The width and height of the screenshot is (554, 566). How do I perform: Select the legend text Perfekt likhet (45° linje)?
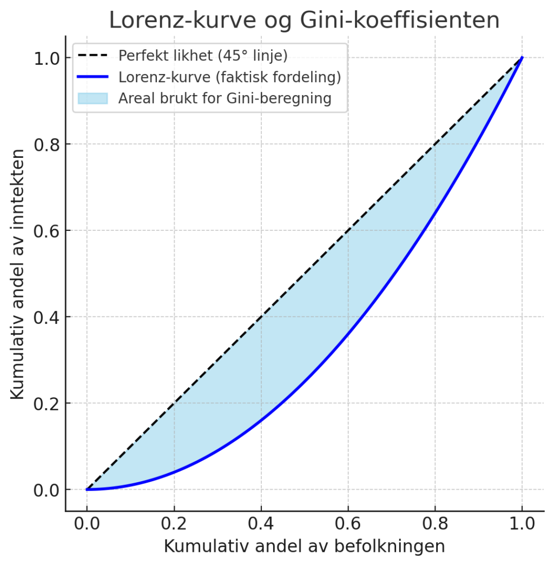[x=203, y=56]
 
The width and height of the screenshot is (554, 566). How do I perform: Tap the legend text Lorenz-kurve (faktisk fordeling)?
[x=229, y=77]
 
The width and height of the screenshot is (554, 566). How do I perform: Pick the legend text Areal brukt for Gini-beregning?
[x=225, y=99]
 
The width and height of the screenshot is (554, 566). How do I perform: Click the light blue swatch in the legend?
[x=93, y=99]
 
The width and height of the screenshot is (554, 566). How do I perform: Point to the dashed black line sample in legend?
[x=93, y=56]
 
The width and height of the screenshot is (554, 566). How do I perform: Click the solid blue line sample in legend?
[x=93, y=77]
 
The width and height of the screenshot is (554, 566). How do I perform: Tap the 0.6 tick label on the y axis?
[x=48, y=231]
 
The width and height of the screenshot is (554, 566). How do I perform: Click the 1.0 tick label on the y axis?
[x=48, y=58]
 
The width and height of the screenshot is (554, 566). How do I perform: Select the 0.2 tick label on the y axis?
[x=48, y=404]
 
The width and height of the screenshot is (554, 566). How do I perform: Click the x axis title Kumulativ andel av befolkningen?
[x=304, y=547]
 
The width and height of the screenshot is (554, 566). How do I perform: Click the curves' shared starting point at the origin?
[x=87, y=489]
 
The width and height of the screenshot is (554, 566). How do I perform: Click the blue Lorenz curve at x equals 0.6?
[x=348, y=334]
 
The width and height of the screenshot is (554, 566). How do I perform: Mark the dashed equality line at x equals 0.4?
[x=261, y=316]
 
